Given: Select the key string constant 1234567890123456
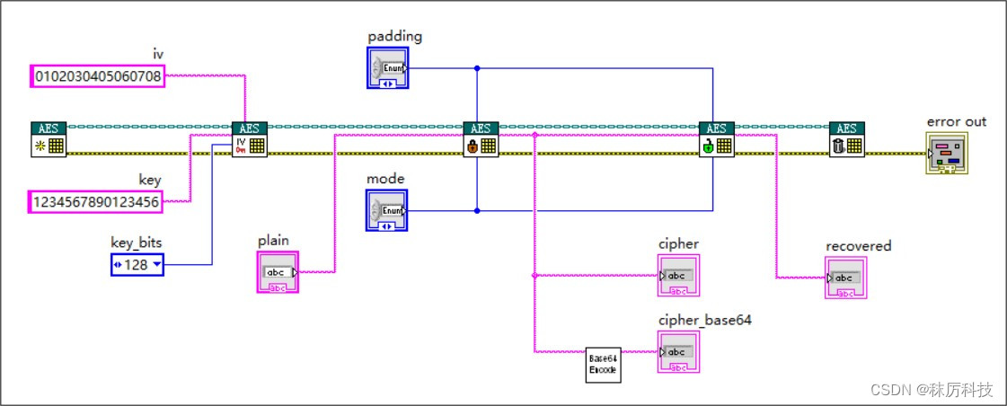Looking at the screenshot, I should pyautogui.click(x=96, y=202).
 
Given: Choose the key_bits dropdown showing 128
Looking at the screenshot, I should pyautogui.click(x=137, y=264).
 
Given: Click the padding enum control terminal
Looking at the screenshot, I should pyautogui.click(x=388, y=67).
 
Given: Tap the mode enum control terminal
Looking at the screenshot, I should pyautogui.click(x=388, y=210).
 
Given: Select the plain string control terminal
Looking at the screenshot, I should pyautogui.click(x=278, y=272).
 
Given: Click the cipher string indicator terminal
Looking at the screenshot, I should pyautogui.click(x=678, y=276).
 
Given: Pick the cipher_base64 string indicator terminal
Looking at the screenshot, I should pyautogui.click(x=678, y=351).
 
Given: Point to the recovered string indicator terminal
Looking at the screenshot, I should pyautogui.click(x=845, y=278).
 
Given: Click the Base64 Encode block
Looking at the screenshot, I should pyautogui.click(x=603, y=365).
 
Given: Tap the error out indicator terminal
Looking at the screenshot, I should pyautogui.click(x=948, y=154).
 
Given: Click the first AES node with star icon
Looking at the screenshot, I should pyautogui.click(x=49, y=140).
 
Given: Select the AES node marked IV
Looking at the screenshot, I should pyautogui.click(x=249, y=140).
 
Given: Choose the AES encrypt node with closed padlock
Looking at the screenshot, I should pyautogui.click(x=481, y=140).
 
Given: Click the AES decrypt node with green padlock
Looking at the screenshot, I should pyautogui.click(x=717, y=140).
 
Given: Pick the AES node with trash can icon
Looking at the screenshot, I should pyautogui.click(x=846, y=140).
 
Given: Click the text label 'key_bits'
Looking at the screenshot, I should pyautogui.click(x=137, y=242).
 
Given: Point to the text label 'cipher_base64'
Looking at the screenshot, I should pyautogui.click(x=704, y=321).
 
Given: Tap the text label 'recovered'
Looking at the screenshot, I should pyautogui.click(x=858, y=245).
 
